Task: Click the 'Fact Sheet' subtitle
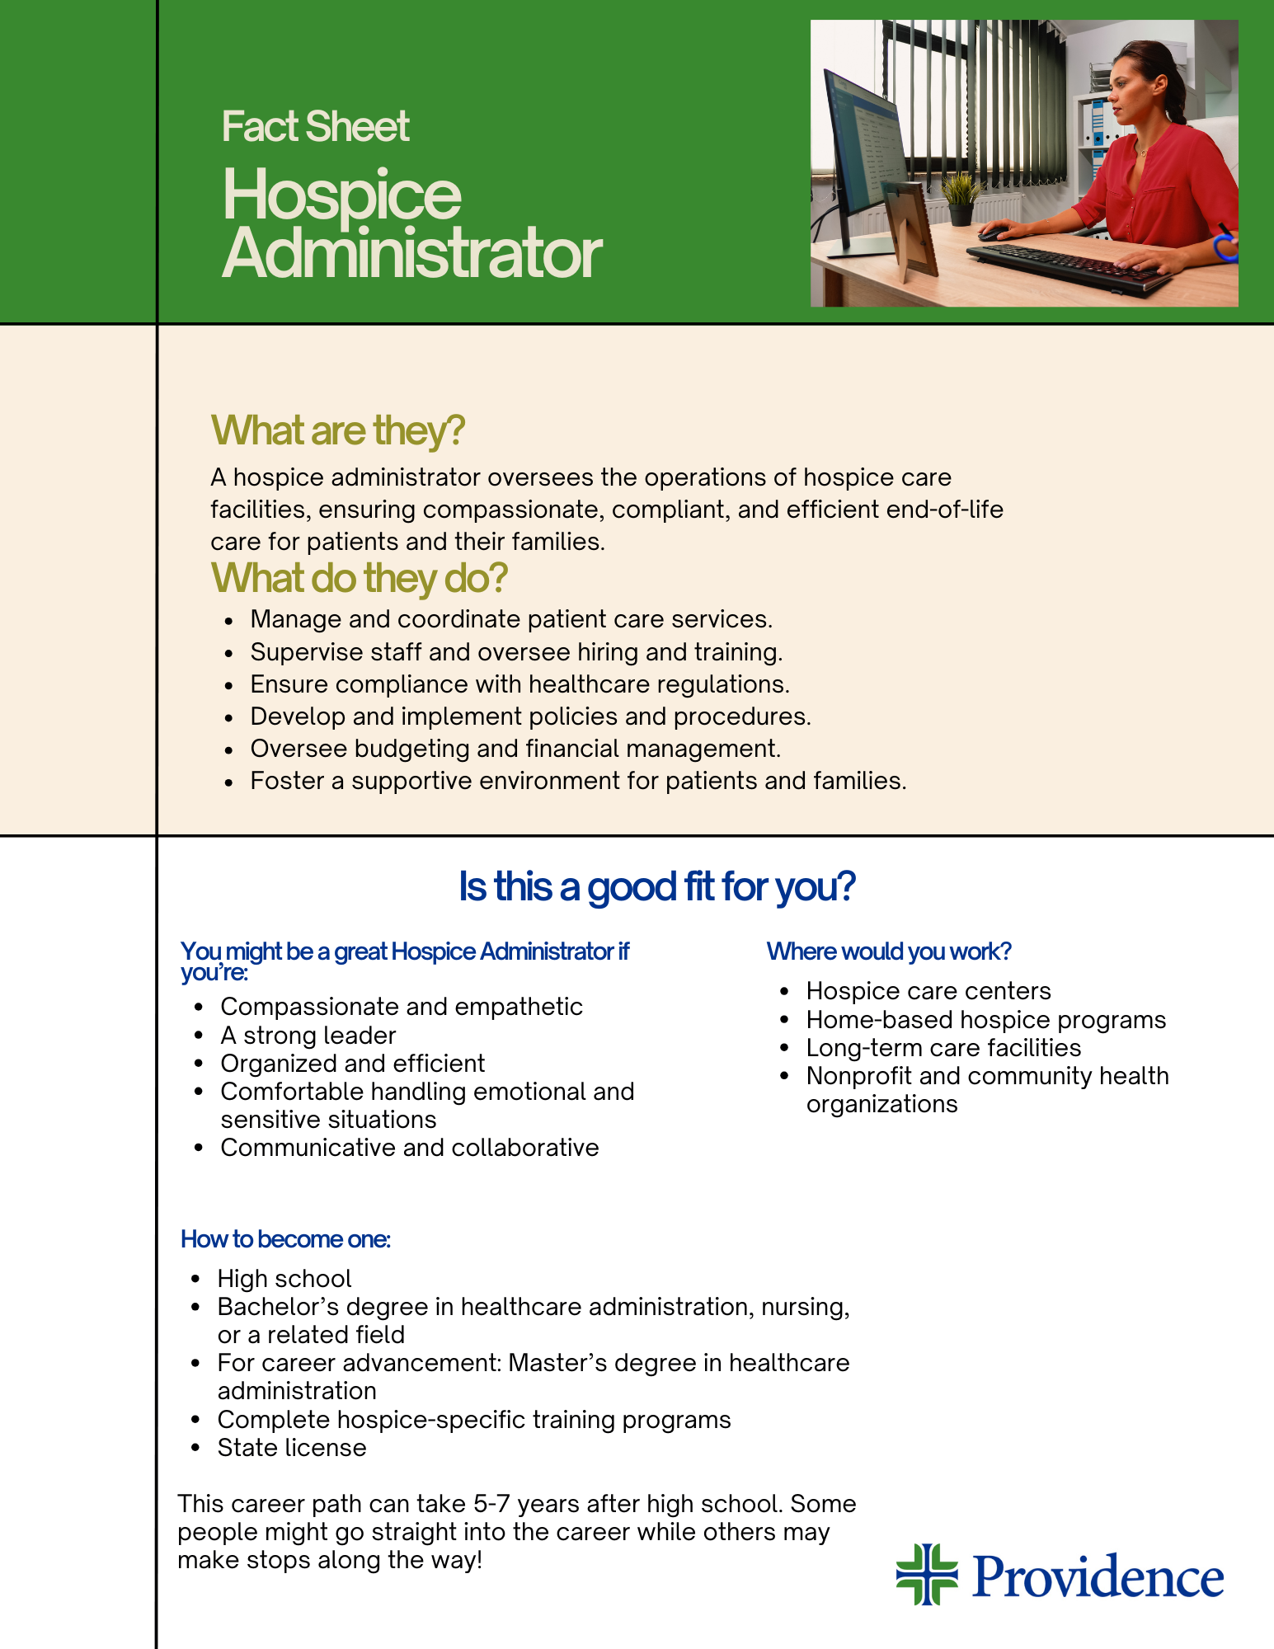(x=315, y=126)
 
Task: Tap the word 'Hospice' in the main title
(x=341, y=195)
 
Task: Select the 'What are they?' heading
(x=338, y=430)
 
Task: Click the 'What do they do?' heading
(x=359, y=577)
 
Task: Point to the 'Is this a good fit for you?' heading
(x=657, y=887)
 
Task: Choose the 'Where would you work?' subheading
(x=889, y=951)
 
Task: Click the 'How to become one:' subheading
(x=285, y=1239)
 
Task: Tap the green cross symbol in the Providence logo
(x=927, y=1574)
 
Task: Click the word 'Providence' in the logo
(x=1098, y=1576)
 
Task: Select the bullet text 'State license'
(x=292, y=1448)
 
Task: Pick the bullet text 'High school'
(x=284, y=1279)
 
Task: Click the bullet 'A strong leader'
(x=308, y=1036)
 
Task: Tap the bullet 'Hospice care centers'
(x=928, y=991)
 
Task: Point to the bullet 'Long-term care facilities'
(x=943, y=1048)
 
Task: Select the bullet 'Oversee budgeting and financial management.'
(x=515, y=749)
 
